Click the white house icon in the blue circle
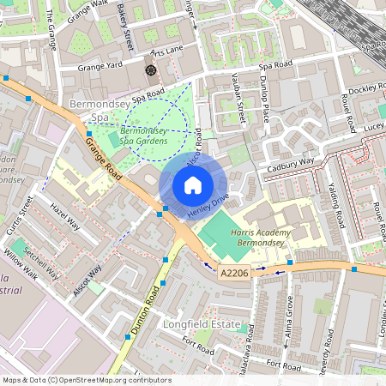(x=193, y=185)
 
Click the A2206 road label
(x=234, y=272)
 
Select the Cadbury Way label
(x=291, y=161)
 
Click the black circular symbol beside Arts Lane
(x=151, y=69)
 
